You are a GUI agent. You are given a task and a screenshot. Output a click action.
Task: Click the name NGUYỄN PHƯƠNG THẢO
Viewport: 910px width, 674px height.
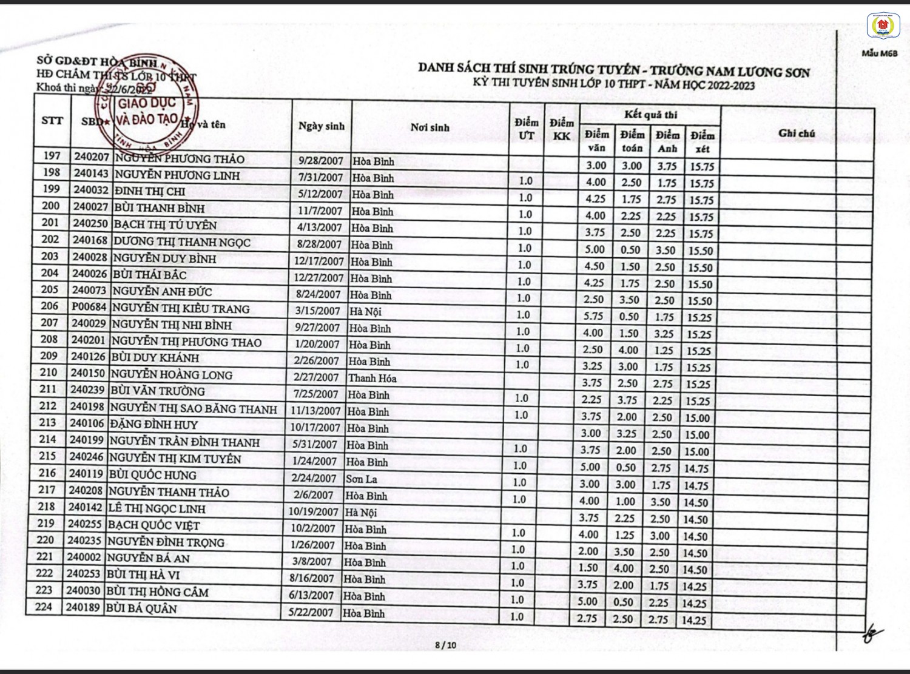pyautogui.click(x=179, y=160)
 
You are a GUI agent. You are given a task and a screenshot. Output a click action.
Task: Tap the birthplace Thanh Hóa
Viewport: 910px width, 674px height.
pyautogui.click(x=372, y=378)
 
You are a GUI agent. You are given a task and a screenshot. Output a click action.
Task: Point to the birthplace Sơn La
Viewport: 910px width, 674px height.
pyautogui.click(x=362, y=479)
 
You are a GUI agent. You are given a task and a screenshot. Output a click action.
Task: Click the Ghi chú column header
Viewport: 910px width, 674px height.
pyautogui.click(x=796, y=133)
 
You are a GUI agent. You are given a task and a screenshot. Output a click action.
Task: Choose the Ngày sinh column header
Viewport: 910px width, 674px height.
pyautogui.click(x=321, y=126)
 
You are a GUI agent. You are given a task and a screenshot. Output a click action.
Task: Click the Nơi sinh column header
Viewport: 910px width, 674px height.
pyautogui.click(x=430, y=127)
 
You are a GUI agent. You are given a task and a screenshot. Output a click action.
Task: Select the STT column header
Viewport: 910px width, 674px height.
pyautogui.click(x=52, y=120)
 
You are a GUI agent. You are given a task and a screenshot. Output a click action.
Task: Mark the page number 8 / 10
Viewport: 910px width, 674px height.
pyautogui.click(x=446, y=645)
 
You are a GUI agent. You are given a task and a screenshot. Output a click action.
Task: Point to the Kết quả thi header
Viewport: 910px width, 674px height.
pyautogui.click(x=650, y=115)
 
